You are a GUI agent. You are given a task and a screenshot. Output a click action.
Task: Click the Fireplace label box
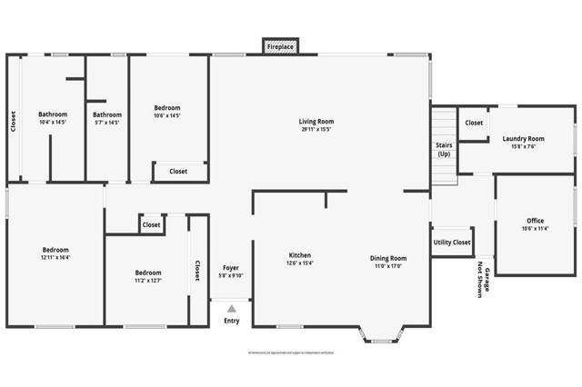[x=279, y=45]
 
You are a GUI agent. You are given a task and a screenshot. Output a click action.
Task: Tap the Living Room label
[x=316, y=121]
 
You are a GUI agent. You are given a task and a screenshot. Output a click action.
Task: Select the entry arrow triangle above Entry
[x=232, y=309]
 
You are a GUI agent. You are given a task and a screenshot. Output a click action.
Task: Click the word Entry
[x=232, y=321]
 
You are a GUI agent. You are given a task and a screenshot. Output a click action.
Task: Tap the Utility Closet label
[x=452, y=243]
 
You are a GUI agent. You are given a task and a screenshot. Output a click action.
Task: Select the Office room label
[x=535, y=221]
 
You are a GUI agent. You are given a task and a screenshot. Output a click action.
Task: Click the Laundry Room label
[x=523, y=138]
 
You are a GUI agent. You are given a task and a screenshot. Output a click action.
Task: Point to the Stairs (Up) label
[x=444, y=149]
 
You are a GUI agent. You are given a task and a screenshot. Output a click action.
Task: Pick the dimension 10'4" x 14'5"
[x=53, y=122]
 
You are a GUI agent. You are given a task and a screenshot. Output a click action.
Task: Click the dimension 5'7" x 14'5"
[x=107, y=122]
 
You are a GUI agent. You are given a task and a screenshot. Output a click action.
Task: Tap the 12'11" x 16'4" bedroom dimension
[x=55, y=257]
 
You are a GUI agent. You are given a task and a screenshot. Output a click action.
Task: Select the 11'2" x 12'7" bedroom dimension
[x=148, y=280]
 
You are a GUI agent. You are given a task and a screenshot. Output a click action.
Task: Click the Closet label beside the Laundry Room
[x=474, y=123]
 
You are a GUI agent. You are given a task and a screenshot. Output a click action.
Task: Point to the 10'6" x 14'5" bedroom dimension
[x=166, y=115]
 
